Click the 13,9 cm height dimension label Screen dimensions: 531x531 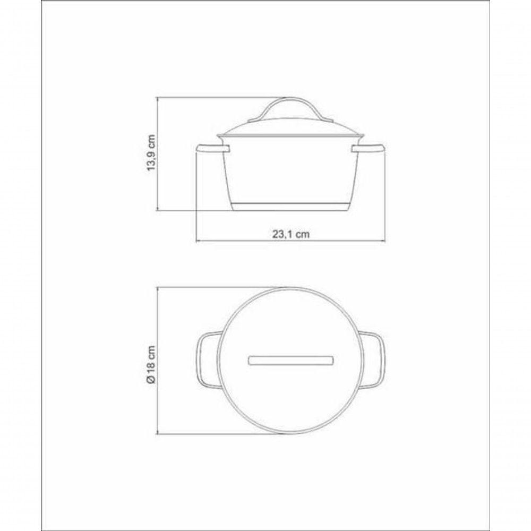151,153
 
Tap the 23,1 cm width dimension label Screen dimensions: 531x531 291,234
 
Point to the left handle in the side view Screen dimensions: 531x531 213,148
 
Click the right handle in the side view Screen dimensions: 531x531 368,148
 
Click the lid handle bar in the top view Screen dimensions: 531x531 291,361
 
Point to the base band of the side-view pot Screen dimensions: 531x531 291,207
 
